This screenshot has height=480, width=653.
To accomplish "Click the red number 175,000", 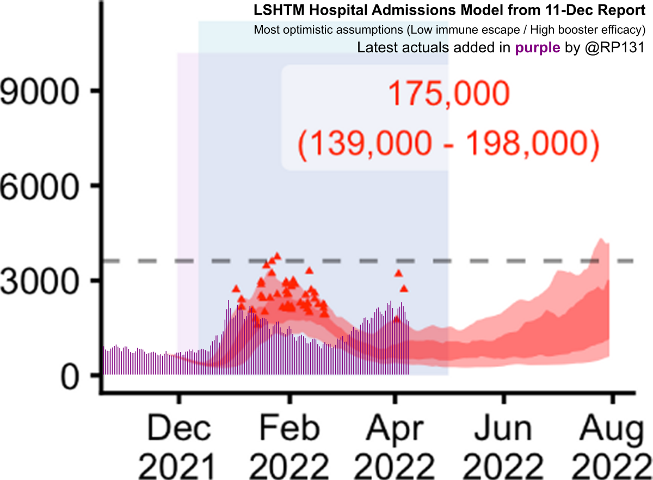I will (448, 96).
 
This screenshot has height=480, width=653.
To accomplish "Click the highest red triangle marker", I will (277, 255).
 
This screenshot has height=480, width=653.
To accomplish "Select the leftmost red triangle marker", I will (236, 288).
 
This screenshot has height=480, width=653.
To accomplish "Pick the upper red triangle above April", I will (398, 274).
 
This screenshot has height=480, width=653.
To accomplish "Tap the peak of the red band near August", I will (601, 239).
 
